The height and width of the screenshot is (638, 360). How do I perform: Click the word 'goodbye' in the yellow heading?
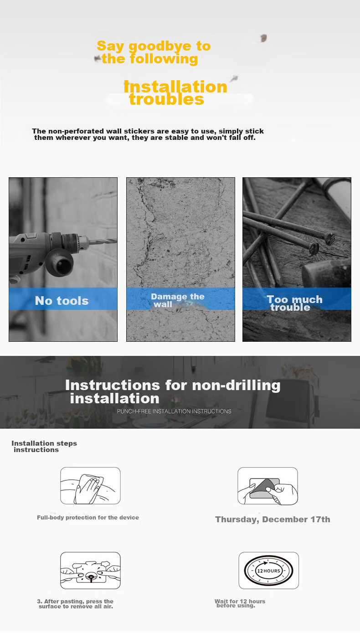pyautogui.click(x=160, y=46)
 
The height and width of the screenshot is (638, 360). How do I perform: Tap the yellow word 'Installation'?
pyautogui.click(x=175, y=87)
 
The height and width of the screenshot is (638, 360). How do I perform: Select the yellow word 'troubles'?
pyautogui.click(x=167, y=99)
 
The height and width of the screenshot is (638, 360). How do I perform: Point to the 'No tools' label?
pyautogui.click(x=62, y=301)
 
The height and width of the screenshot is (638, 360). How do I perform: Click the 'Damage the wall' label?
pyautogui.click(x=178, y=300)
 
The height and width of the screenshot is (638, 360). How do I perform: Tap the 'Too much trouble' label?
pyautogui.click(x=294, y=303)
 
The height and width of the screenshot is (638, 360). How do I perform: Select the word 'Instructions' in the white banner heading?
pyautogui.click(x=113, y=385)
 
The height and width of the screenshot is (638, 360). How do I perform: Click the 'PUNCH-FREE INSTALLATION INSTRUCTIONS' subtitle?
pyautogui.click(x=174, y=411)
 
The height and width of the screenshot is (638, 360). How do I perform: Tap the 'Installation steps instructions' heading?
pyautogui.click(x=44, y=446)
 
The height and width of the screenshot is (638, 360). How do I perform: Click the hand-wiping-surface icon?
pyautogui.click(x=90, y=486)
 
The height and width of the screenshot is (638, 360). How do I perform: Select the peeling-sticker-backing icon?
pyautogui.click(x=268, y=486)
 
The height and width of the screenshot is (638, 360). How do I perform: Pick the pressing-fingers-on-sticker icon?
pyautogui.click(x=90, y=571)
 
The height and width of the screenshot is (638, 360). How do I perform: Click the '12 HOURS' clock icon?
pyautogui.click(x=268, y=571)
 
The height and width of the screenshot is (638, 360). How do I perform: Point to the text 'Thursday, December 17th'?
pyautogui.click(x=273, y=519)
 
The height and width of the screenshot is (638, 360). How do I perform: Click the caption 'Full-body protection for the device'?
pyautogui.click(x=87, y=518)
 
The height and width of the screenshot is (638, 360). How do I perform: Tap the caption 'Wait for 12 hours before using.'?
pyautogui.click(x=240, y=603)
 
